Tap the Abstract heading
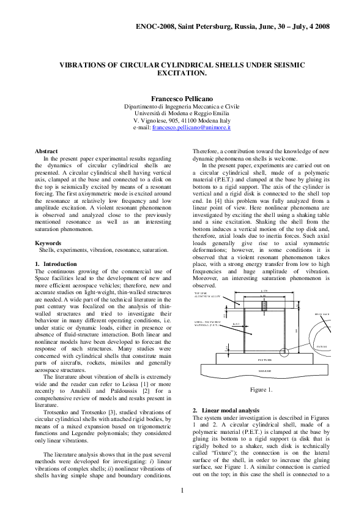[46, 151]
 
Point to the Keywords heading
[49, 243]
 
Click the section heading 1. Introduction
[56, 264]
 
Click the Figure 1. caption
[261, 390]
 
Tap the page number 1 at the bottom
[182, 490]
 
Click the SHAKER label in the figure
[264, 371]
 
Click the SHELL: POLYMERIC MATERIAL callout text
[207, 323]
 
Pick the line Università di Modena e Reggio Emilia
[182, 113]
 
